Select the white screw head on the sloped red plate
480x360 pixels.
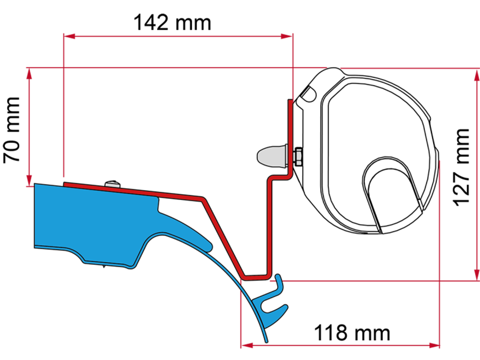[112, 184]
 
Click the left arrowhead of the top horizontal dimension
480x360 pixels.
[67, 36]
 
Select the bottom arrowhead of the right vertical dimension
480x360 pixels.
[476, 275]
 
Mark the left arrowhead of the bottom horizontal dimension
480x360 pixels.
[245, 345]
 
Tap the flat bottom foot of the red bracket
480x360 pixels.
[255, 278]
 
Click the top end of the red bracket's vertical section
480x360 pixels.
[291, 102]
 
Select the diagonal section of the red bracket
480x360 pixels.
[223, 238]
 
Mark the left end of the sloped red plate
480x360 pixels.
[66, 184]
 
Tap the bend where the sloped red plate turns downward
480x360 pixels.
[202, 199]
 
